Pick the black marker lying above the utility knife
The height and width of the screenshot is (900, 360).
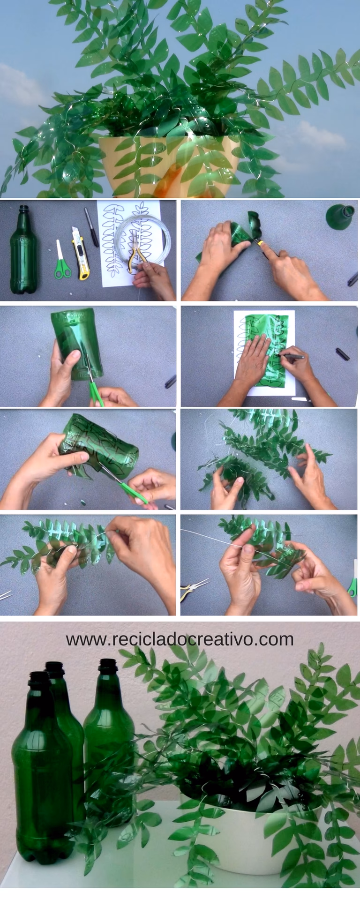[91, 227]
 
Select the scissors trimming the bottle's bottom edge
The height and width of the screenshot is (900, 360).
[94, 384]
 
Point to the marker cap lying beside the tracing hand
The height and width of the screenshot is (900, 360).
[343, 354]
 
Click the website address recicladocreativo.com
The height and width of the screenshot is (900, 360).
[180, 639]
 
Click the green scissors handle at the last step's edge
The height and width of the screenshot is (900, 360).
[352, 586]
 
